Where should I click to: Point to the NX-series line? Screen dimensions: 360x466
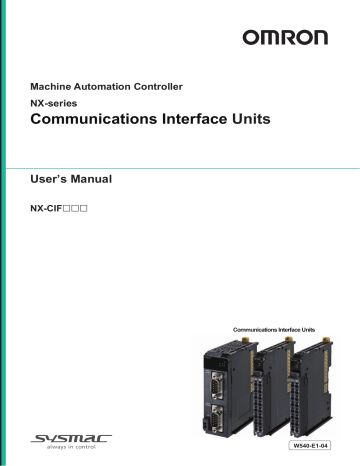(58, 104)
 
